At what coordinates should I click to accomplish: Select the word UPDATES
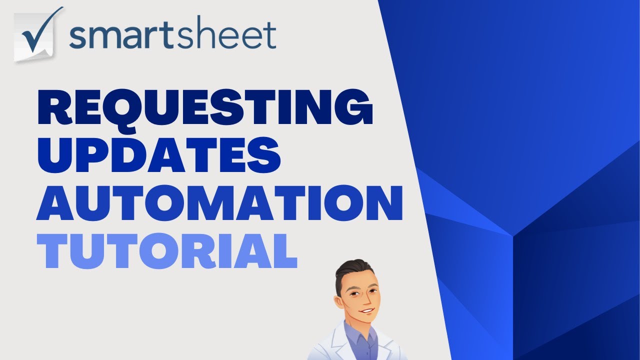point(158,154)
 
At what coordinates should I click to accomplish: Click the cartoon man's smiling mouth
point(367,311)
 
